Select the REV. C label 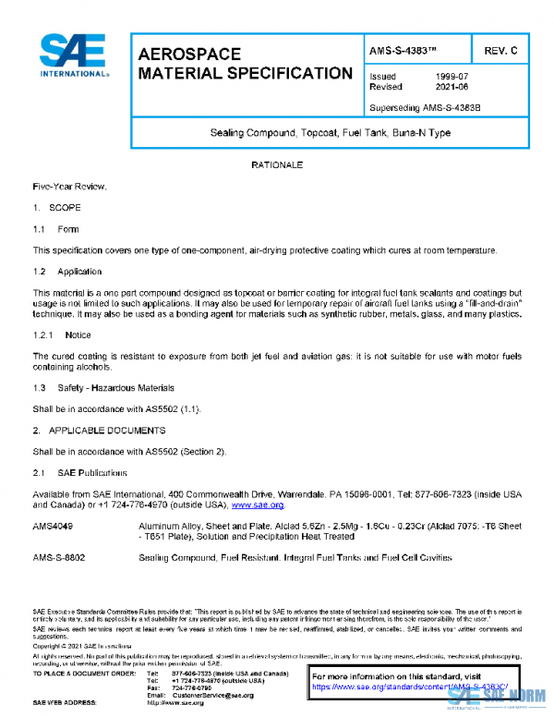(x=500, y=49)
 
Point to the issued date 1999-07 (x=452, y=77)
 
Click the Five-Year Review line (x=70, y=188)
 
